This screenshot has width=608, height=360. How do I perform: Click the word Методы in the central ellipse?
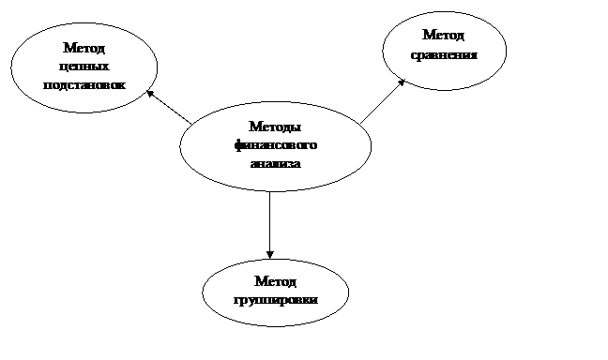[275, 127]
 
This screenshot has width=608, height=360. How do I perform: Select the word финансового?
[276, 145]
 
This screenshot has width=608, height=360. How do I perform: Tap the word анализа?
[276, 163]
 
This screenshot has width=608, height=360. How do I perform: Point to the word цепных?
[84, 67]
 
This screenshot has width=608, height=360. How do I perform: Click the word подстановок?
[84, 85]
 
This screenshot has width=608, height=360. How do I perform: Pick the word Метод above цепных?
[84, 48]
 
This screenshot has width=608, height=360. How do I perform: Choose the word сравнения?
[444, 55]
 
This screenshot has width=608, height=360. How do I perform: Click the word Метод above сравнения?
[443, 35]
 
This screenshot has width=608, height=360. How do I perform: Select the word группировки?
[276, 300]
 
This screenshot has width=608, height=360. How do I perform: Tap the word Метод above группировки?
[275, 281]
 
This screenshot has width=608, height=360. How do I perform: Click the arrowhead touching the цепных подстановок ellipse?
[150, 94]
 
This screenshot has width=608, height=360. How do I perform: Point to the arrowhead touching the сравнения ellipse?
[402, 82]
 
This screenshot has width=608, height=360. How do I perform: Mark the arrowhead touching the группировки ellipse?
[270, 255]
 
